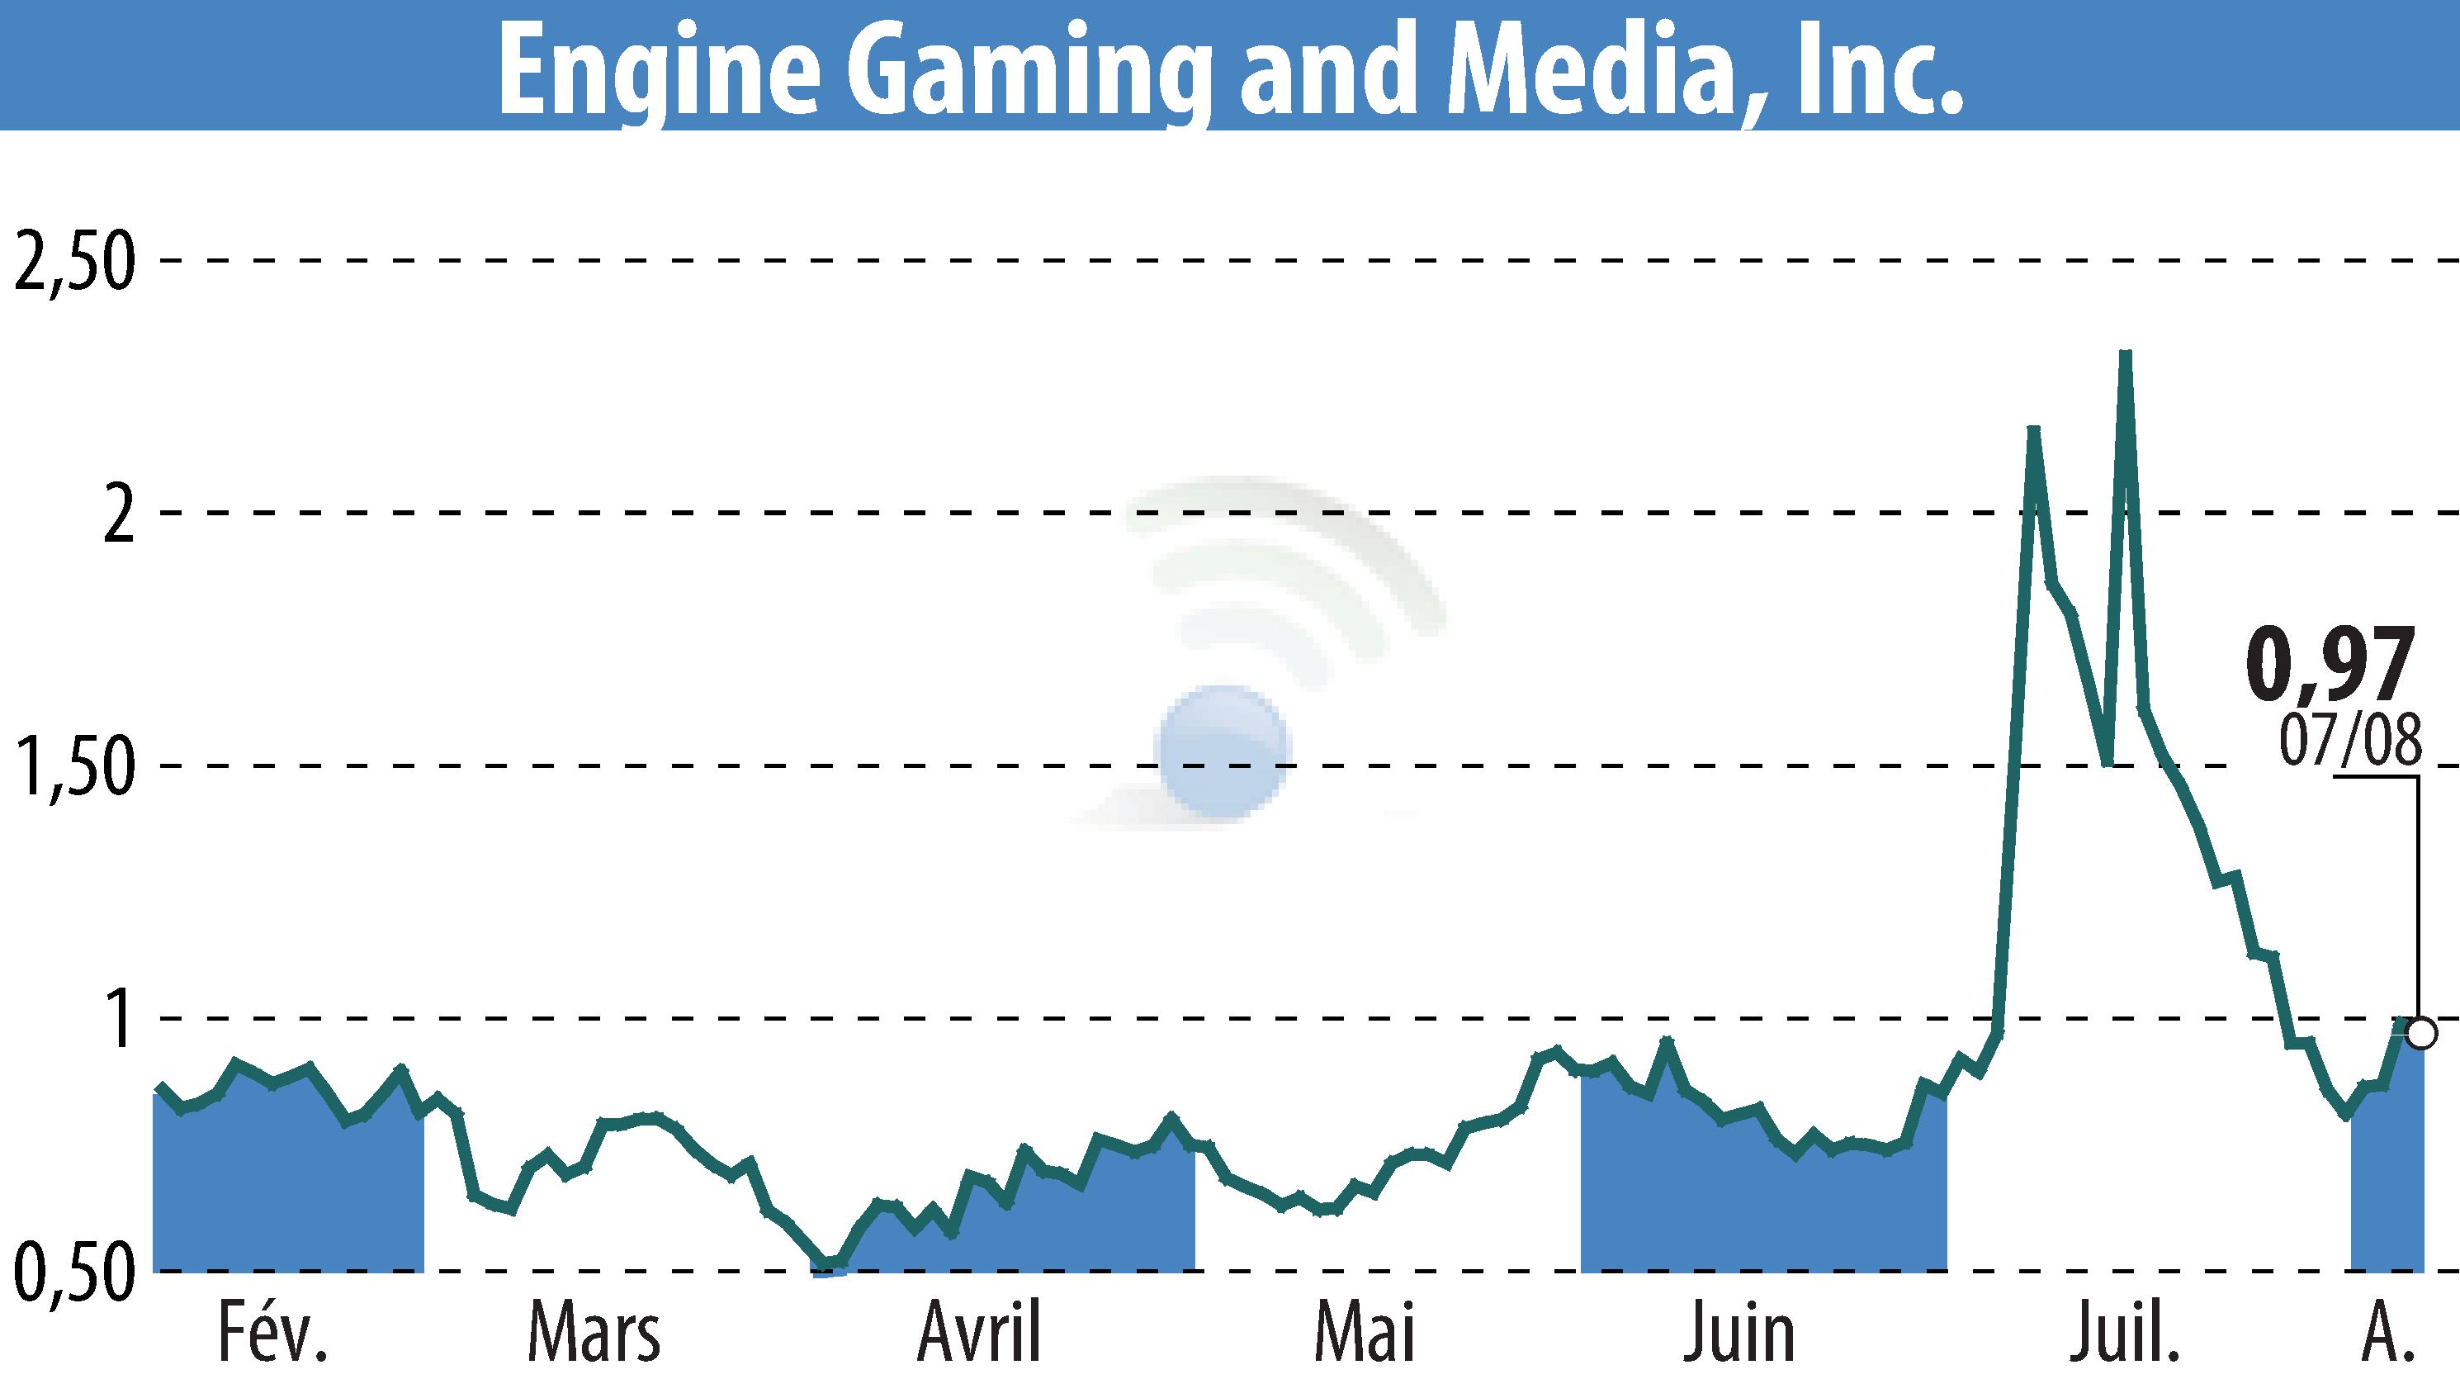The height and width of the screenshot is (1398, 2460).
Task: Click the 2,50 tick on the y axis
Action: coord(72,261)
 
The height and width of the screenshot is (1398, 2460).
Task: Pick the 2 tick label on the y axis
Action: coord(118,514)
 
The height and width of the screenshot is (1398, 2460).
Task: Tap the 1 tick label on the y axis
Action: coord(120,1020)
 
